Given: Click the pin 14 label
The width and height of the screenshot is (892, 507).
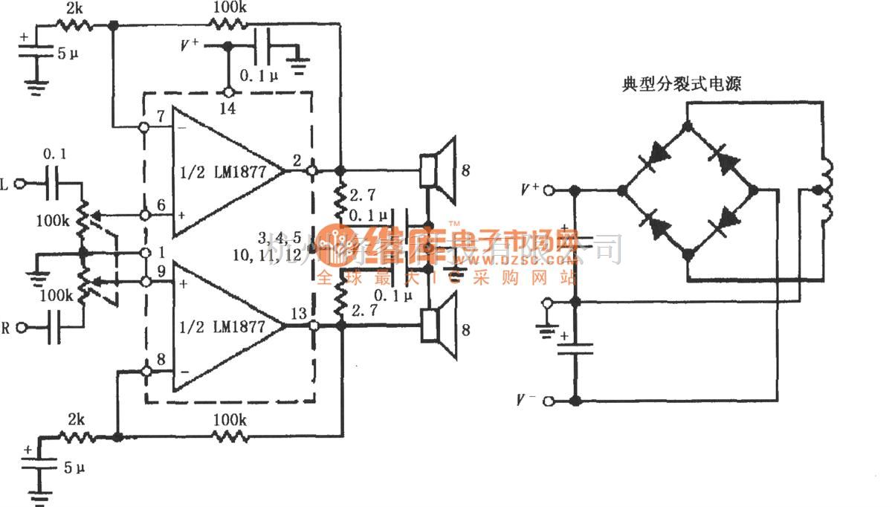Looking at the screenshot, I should (x=227, y=109).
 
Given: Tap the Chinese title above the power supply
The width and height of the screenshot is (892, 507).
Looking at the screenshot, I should (x=681, y=84).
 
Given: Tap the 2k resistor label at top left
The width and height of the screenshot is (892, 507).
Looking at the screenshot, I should (x=75, y=8).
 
